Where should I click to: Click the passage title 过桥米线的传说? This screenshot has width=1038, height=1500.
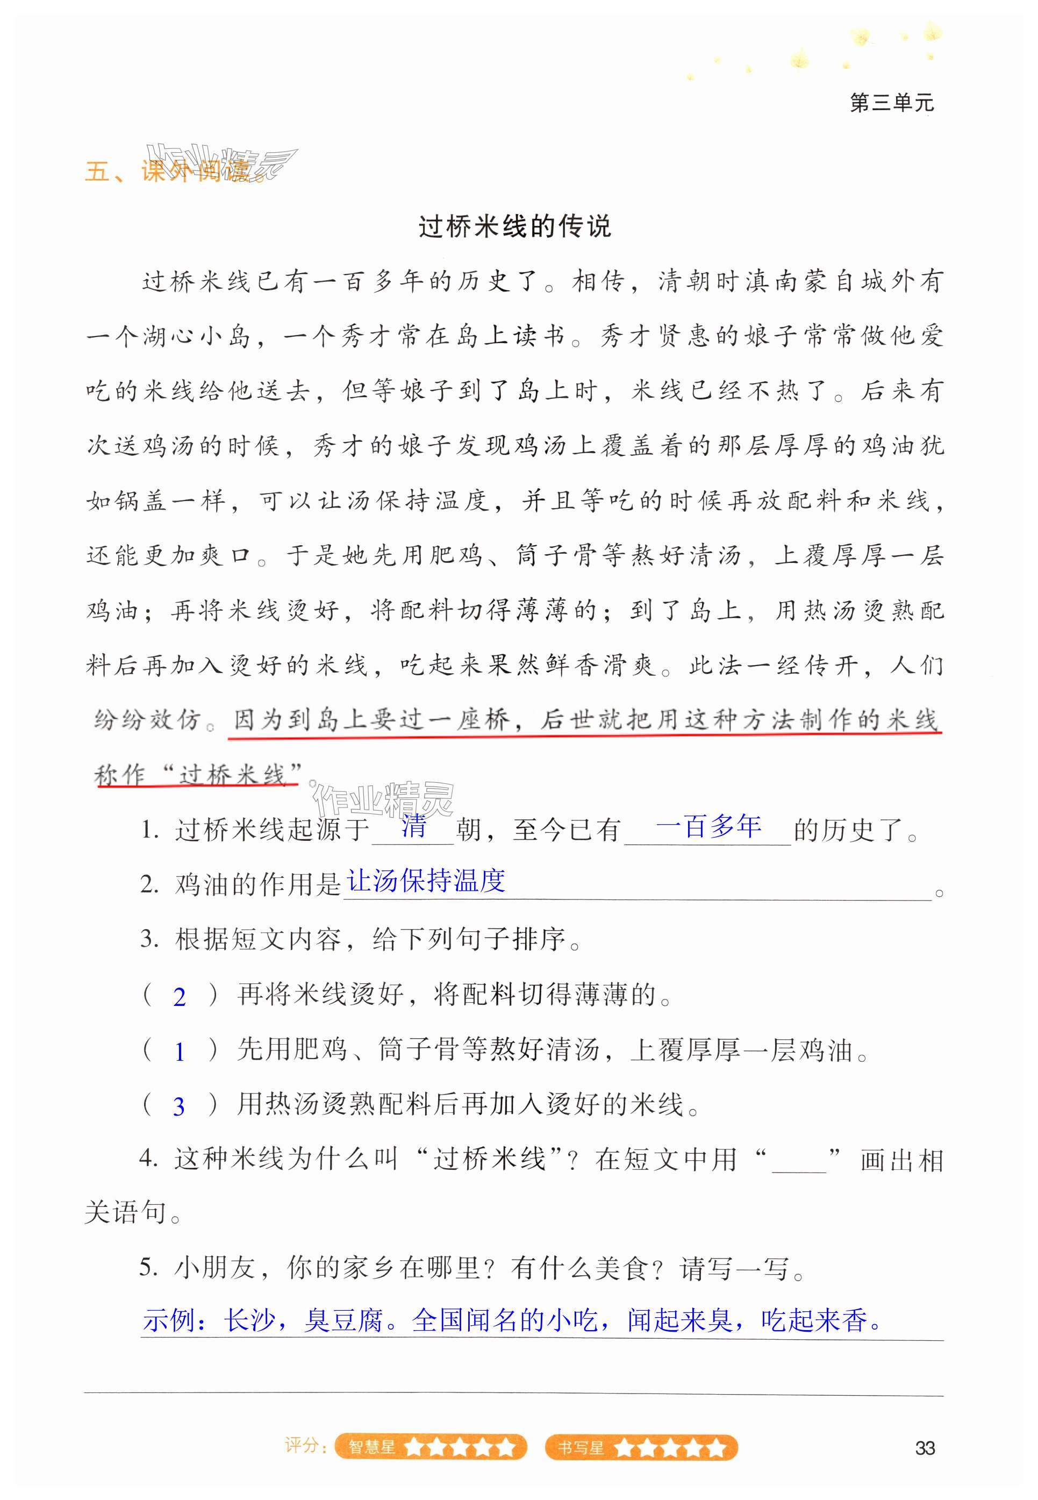(514, 226)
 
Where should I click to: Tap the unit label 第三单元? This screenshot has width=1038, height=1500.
(891, 103)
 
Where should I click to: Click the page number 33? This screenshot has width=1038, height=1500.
(924, 1448)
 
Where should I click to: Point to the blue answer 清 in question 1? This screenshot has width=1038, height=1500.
(413, 826)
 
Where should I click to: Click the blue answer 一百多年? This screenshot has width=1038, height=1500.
(708, 826)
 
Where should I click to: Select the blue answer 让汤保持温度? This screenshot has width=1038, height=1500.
(426, 881)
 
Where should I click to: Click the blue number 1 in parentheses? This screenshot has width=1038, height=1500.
(180, 1052)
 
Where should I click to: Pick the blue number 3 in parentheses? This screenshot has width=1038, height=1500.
(179, 1106)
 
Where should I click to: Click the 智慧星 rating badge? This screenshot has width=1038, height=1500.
(431, 1447)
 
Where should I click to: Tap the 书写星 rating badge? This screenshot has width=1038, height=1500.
(641, 1447)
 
